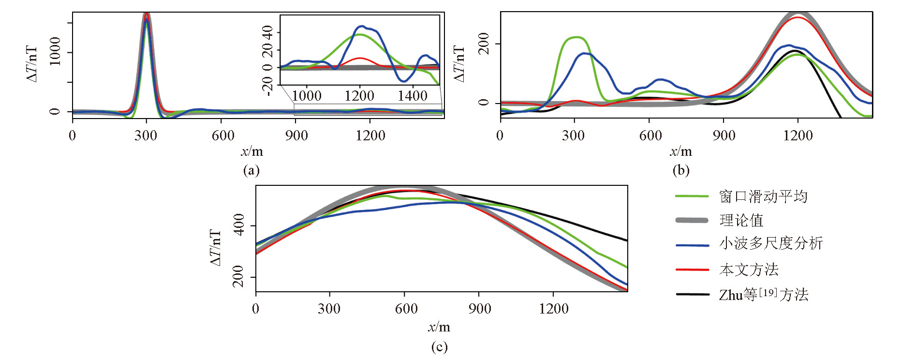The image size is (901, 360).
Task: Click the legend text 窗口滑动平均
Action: [763, 196]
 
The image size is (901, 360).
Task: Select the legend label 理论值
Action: [741, 221]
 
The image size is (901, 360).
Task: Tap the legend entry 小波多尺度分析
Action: [771, 243]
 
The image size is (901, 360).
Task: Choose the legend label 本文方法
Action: [749, 270]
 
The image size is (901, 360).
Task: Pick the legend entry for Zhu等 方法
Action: [764, 295]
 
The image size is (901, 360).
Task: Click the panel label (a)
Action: [251, 170]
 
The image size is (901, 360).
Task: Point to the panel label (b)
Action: [680, 170]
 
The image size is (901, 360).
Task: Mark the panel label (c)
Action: [439, 347]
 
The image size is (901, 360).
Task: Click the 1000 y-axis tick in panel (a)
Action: [55, 51]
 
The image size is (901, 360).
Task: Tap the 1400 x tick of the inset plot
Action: [413, 96]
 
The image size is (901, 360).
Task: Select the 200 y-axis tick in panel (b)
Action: [483, 44]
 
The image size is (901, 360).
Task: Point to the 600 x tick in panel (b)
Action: [650, 135]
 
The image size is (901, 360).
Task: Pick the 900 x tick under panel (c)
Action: [479, 309]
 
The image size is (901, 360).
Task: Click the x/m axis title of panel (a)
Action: [252, 152]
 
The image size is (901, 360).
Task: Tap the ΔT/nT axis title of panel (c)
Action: [216, 248]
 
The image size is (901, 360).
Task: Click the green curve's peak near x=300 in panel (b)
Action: [576, 37]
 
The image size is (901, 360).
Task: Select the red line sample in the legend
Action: [692, 270]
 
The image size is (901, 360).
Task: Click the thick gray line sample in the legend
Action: [692, 221]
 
